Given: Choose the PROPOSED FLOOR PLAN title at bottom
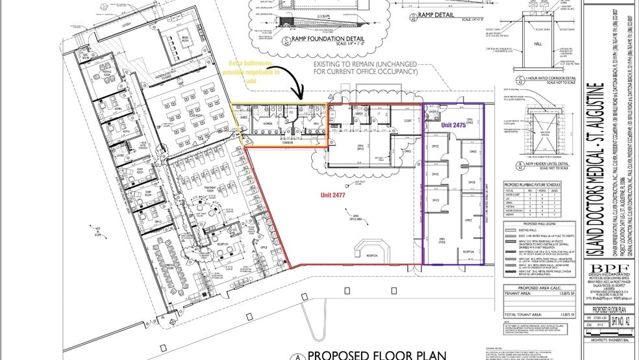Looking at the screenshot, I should [376, 354].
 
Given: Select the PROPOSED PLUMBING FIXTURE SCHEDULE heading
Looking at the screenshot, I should [532, 185].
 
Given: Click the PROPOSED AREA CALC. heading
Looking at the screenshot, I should [531, 289].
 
